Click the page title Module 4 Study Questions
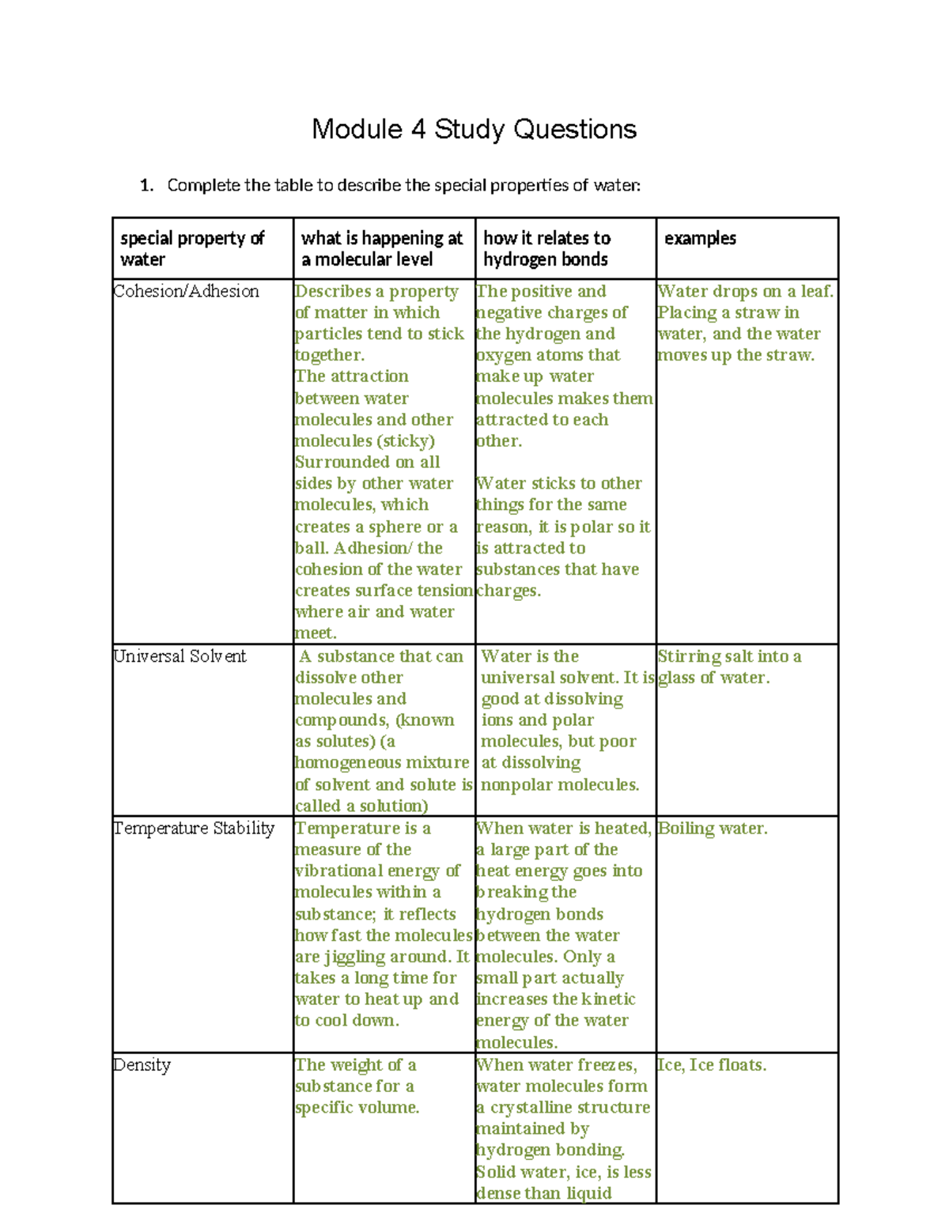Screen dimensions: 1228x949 tap(474, 129)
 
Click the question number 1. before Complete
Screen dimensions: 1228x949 tap(146, 186)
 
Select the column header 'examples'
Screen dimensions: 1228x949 tap(700, 238)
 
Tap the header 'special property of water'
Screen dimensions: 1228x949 tap(192, 248)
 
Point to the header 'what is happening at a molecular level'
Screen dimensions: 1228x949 tap(381, 248)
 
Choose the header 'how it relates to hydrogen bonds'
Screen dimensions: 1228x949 tap(546, 248)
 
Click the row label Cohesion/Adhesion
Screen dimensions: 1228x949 tap(186, 291)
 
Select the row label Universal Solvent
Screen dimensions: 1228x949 tap(180, 656)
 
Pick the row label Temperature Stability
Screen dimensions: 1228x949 tap(194, 828)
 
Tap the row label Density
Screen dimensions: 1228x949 tap(142, 1064)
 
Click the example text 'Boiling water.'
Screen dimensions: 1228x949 tap(713, 828)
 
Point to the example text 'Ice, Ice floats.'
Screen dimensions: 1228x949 tap(712, 1064)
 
